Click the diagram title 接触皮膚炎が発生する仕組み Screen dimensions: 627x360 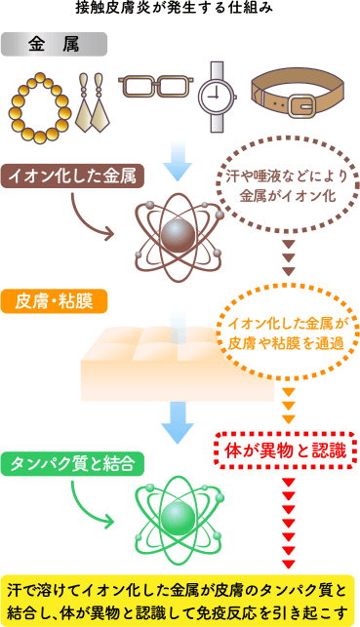(x=180, y=9)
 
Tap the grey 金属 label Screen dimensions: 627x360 (x=55, y=45)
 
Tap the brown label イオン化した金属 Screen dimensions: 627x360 (x=73, y=177)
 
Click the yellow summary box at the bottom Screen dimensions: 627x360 (x=180, y=601)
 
